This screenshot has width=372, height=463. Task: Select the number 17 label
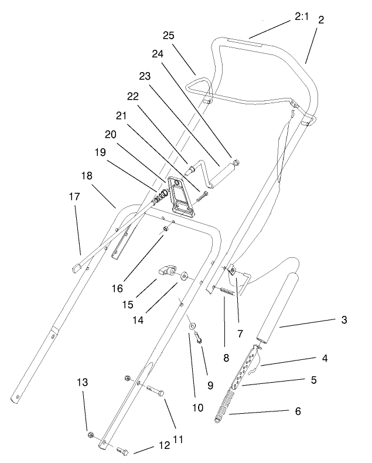click(x=74, y=197)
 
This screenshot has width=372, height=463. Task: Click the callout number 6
click(x=297, y=412)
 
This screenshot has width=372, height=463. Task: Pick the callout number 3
click(x=344, y=320)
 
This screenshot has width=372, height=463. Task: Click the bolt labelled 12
click(x=123, y=451)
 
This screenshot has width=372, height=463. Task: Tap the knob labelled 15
click(x=167, y=271)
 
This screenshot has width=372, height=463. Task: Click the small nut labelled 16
click(x=166, y=229)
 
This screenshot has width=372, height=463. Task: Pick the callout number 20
click(x=111, y=134)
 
